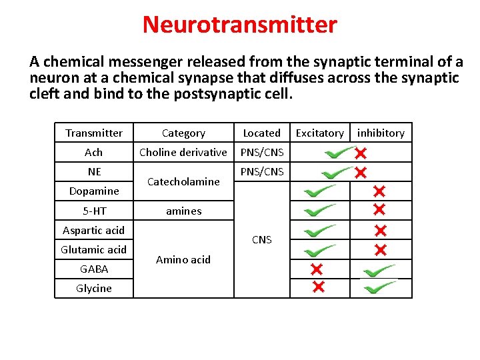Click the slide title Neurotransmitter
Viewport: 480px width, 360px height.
tap(240, 25)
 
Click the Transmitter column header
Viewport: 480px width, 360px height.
tap(94, 133)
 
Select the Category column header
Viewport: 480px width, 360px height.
tap(183, 133)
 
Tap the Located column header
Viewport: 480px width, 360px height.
tap(261, 133)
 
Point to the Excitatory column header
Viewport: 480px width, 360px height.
tap(319, 133)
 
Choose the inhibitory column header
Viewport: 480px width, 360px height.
tap(381, 133)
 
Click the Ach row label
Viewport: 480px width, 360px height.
tap(94, 153)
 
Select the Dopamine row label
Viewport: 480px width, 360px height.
tap(94, 191)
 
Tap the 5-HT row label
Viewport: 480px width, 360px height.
tap(94, 211)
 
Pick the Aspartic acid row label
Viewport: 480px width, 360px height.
tap(94, 231)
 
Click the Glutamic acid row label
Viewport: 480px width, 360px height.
tap(94, 250)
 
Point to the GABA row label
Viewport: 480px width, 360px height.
tap(94, 269)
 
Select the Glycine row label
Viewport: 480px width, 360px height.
tap(94, 289)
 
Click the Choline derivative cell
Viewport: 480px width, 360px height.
tap(183, 153)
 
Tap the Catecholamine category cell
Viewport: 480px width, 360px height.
tap(183, 181)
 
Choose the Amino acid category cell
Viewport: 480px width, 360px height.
tap(183, 260)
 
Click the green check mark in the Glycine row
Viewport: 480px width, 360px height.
tap(379, 287)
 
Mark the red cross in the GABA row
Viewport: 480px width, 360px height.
tap(316, 269)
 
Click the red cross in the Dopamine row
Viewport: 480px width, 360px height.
tap(379, 192)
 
